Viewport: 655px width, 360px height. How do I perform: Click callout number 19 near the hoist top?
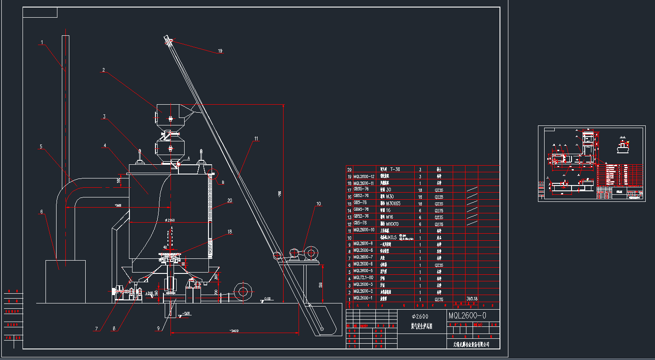coord(220,51)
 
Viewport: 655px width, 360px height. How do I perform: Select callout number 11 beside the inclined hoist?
coord(256,139)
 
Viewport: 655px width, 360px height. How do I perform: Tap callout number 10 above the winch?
coord(318,204)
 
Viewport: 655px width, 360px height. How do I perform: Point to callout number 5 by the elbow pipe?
coord(41,147)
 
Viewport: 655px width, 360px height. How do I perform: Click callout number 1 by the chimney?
coord(42,43)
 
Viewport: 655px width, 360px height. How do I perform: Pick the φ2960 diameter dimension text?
coord(170,220)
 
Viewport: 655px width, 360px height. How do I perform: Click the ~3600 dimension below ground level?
coord(234,330)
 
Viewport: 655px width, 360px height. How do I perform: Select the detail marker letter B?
coord(223,182)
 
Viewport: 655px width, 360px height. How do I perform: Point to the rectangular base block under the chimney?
coord(65,281)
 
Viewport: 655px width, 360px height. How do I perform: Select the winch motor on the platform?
coord(310,254)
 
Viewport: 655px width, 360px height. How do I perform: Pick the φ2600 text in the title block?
coord(420,316)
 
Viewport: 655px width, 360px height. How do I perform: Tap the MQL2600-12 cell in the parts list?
coord(363,176)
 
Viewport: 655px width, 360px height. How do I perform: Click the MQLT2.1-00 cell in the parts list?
coord(363,278)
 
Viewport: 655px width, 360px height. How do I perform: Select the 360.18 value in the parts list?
coord(472,299)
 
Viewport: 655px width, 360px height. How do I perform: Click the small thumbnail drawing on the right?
coord(591,163)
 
